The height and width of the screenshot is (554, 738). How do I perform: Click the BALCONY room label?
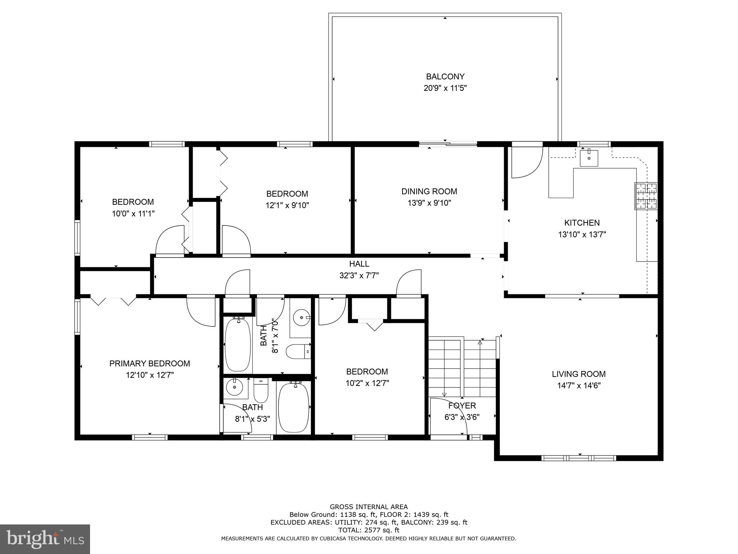point(445,76)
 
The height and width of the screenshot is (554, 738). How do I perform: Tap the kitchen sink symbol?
point(589,158)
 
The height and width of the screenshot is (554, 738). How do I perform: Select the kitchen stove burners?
point(646,196)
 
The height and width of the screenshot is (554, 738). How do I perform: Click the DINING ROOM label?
point(429,192)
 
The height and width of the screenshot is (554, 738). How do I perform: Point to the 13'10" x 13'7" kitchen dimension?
point(582,234)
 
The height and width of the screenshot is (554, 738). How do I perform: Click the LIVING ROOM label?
point(579,374)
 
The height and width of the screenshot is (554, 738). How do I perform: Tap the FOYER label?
point(462,406)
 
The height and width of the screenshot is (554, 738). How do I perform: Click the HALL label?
point(359,264)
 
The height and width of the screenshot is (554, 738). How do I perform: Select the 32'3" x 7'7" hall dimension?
point(359,276)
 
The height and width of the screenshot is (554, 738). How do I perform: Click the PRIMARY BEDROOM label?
point(150,364)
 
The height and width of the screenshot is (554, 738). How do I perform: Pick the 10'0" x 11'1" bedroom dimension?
point(133,214)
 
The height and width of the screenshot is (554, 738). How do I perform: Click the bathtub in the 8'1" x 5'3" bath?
point(294,408)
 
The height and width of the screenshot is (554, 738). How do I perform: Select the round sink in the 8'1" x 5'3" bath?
point(234,388)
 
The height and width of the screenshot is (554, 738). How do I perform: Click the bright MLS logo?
point(45,539)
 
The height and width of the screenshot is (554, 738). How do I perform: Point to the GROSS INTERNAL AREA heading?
point(369,507)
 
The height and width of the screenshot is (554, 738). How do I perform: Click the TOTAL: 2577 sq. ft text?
point(369,530)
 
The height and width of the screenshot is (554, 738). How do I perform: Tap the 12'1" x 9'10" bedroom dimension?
point(287,206)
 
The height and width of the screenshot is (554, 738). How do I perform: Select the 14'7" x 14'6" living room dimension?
point(579,386)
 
